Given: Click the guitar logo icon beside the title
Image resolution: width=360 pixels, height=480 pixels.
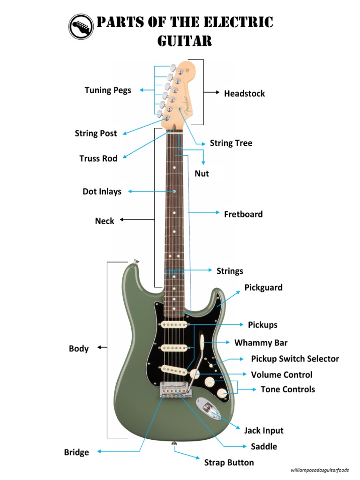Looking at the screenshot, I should pos(81,26).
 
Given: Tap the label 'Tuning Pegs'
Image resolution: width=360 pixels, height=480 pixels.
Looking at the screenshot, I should pos(108,90).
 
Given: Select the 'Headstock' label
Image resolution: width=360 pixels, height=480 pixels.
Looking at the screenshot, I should pos(244,93).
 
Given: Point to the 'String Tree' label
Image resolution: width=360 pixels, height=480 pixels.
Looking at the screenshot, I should pos(231,143).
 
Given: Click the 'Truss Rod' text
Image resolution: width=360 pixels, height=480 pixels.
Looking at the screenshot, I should pos(98,158).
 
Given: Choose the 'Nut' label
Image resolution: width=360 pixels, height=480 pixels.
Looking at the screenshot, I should pos(202,173).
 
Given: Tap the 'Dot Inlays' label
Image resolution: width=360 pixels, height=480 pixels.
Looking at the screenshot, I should pos(102,191).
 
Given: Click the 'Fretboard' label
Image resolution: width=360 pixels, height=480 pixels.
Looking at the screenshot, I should pos(243,214).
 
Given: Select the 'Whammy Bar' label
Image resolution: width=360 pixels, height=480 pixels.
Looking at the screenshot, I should pos(261,343).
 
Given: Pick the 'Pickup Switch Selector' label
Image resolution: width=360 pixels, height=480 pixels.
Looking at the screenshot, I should pos(295,359).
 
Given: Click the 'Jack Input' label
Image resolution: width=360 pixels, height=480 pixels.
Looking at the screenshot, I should pos(263,430).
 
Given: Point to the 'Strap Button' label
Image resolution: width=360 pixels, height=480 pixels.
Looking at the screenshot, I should pos(229,463).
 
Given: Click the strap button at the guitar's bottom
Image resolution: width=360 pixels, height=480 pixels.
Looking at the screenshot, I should pos(174,442).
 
